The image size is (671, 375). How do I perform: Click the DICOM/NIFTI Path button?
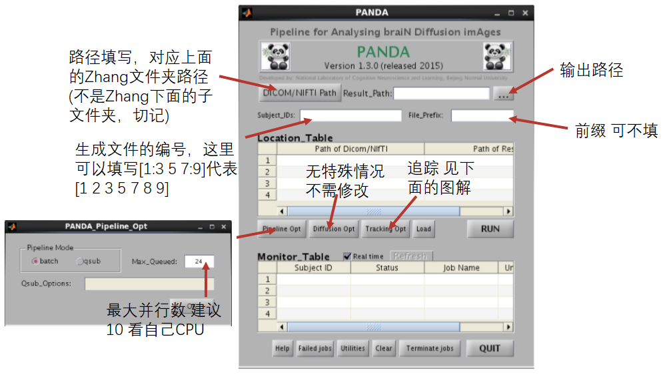[x=299, y=93]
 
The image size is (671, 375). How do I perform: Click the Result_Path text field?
[x=441, y=93]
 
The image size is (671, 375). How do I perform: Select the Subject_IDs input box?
[x=341, y=115]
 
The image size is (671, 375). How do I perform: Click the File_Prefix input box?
[x=482, y=115]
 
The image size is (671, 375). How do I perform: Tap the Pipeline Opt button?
[x=281, y=229]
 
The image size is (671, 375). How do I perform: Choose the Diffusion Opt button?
[x=334, y=229]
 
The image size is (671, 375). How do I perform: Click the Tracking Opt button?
[x=386, y=229]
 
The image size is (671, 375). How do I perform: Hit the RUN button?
[x=490, y=229]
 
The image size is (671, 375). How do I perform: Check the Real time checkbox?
[x=347, y=256]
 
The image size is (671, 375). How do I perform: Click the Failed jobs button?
[x=315, y=348]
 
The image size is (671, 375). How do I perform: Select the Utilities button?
[x=352, y=348]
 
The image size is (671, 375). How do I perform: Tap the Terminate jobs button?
[x=430, y=348]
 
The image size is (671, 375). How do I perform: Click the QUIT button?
[x=490, y=348]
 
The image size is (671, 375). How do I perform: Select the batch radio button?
[x=35, y=261]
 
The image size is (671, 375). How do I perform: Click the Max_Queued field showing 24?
[x=199, y=262]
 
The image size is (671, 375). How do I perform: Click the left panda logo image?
[x=275, y=57]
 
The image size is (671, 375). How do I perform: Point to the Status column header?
[x=386, y=268]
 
